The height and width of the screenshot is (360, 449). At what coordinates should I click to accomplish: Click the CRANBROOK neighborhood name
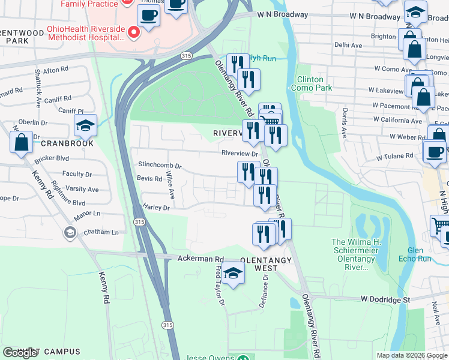pyautogui.click(x=68, y=144)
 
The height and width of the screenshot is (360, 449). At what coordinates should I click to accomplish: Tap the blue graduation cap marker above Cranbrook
pyautogui.click(x=85, y=125)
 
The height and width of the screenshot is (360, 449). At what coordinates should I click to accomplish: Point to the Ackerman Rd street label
pyautogui.click(x=200, y=258)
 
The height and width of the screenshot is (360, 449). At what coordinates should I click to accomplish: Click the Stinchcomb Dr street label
pyautogui.click(x=160, y=165)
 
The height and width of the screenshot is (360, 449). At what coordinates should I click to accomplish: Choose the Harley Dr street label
pyautogui.click(x=157, y=208)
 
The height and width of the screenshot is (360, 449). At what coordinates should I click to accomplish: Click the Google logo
pyautogui.click(x=20, y=353)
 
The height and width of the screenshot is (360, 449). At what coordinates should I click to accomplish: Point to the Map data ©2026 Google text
pyautogui.click(x=411, y=355)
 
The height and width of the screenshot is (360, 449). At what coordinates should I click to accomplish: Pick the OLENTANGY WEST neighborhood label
pyautogui.click(x=266, y=264)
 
